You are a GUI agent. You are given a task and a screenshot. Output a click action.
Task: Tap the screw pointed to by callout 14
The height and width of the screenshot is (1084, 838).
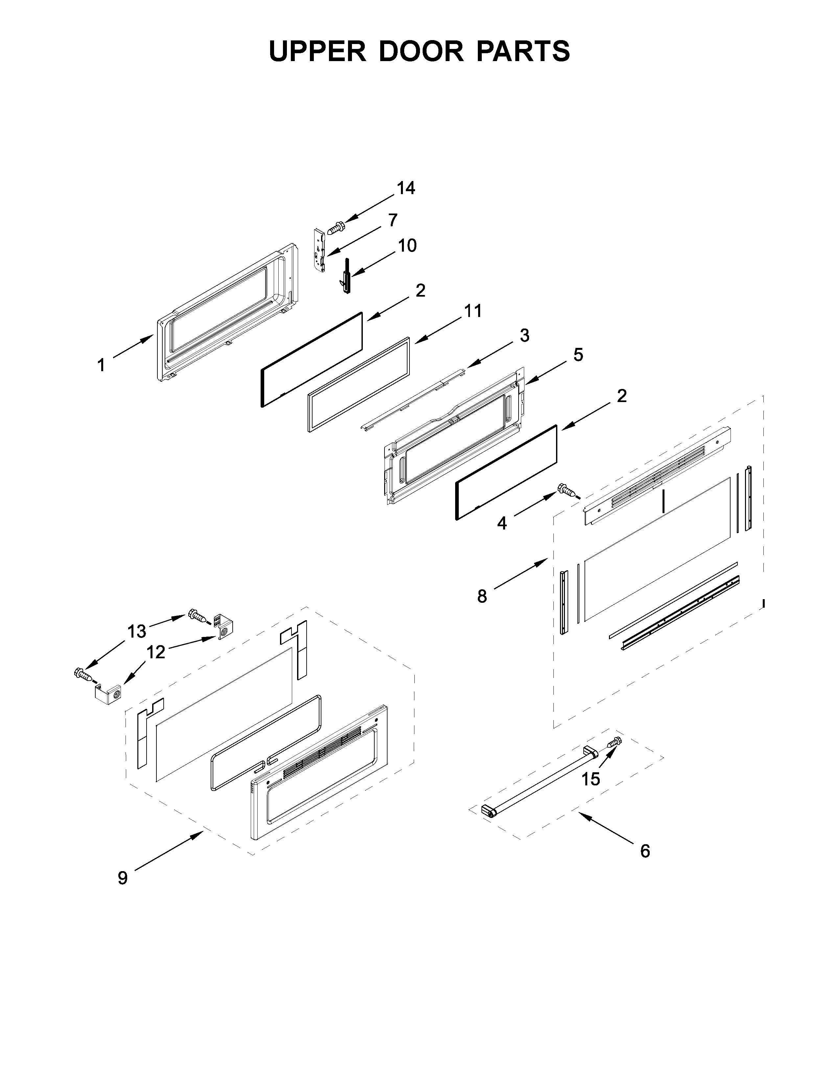336,228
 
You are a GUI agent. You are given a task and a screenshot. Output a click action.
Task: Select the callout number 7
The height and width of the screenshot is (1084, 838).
393,220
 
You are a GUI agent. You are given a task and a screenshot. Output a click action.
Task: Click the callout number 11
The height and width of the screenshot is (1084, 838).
473,311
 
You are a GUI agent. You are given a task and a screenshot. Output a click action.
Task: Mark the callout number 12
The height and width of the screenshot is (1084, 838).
156,652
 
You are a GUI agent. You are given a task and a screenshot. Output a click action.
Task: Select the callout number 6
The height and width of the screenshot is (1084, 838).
645,851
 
